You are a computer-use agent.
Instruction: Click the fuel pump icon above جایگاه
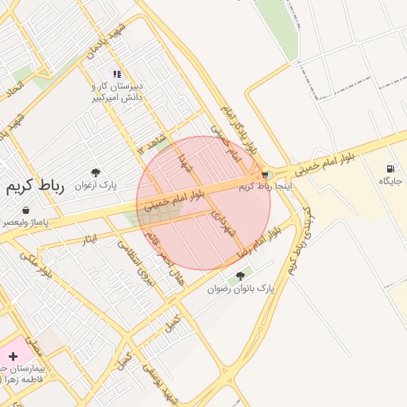click(x=390, y=169)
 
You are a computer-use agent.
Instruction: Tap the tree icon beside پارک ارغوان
click(x=96, y=172)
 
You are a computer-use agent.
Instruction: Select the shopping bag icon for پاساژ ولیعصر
click(x=26, y=211)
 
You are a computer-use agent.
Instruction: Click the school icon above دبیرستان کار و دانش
click(x=118, y=74)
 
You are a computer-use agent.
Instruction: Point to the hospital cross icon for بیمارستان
click(x=13, y=356)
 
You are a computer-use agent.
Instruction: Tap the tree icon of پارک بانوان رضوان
click(x=240, y=276)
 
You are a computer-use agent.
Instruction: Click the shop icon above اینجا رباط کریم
click(x=265, y=174)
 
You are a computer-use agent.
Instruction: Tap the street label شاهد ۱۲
click(x=153, y=143)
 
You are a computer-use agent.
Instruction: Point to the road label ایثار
click(x=90, y=238)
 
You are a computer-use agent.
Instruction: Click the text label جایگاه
click(x=391, y=182)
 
